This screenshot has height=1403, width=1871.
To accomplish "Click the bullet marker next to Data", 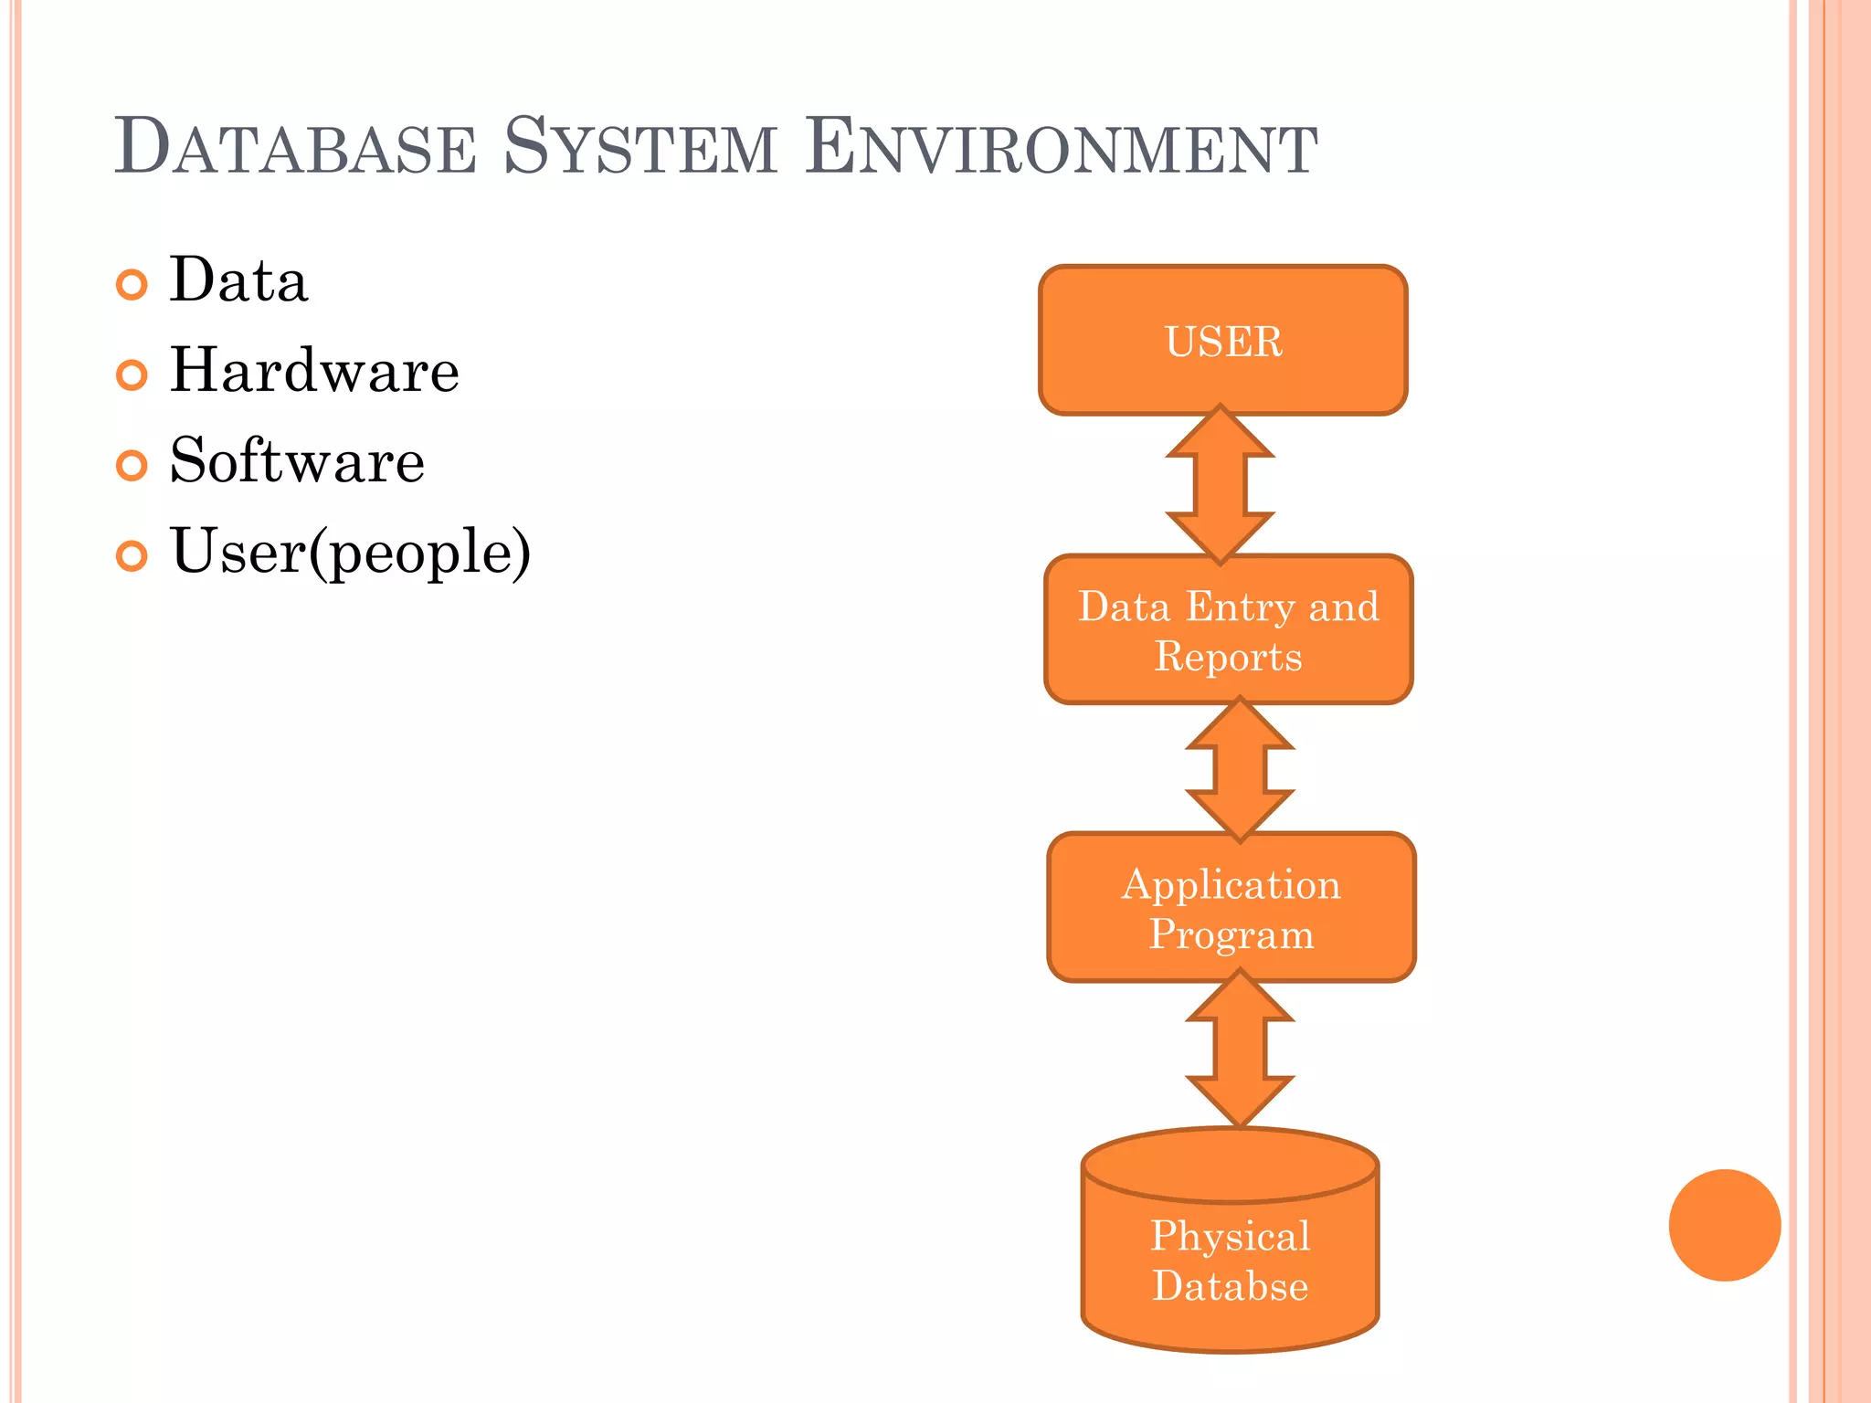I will pos(132,285).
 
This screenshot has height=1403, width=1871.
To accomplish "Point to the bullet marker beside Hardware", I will pos(132,374).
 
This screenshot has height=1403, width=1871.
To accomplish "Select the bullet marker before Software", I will pos(132,465).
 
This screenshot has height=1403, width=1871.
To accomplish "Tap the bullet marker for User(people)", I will pos(132,555).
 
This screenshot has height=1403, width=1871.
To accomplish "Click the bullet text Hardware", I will pos(314,371).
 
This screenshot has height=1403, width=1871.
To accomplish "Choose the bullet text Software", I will pos(297,461).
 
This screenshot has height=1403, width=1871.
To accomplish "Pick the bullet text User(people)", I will pos(350,553).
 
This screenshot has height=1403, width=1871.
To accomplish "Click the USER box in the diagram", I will pos(1222,341).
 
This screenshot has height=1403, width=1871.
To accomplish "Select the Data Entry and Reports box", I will pos(1228,630).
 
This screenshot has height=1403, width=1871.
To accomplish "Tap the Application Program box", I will pos(1231,908).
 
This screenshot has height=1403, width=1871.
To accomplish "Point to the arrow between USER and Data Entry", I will pos(1220,484).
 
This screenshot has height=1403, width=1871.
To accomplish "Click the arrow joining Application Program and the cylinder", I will pos(1240,1049).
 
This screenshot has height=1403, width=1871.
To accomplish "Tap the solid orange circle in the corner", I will pos(1724,1225).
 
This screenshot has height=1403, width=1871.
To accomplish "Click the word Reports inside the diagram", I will pos(1228,657).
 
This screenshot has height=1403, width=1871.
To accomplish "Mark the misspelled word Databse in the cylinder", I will pos(1230,1286).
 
